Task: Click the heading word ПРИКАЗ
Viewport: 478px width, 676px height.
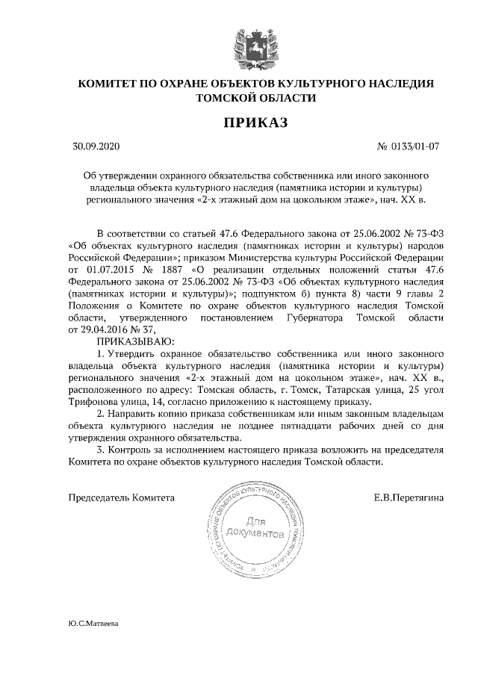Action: [255, 122]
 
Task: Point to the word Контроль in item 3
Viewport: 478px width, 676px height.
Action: [132, 450]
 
